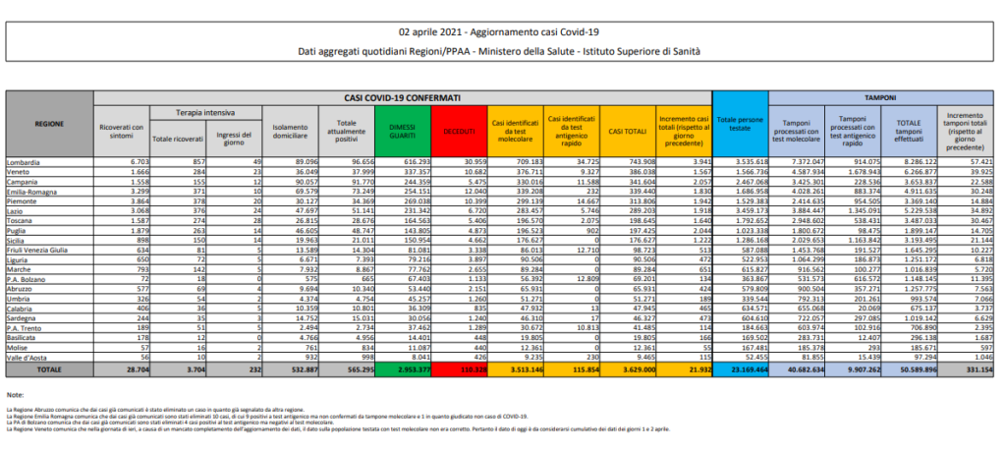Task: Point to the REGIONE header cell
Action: [x=49, y=126]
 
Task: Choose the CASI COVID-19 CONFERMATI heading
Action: [x=402, y=99]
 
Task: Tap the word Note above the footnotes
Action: [x=15, y=393]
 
